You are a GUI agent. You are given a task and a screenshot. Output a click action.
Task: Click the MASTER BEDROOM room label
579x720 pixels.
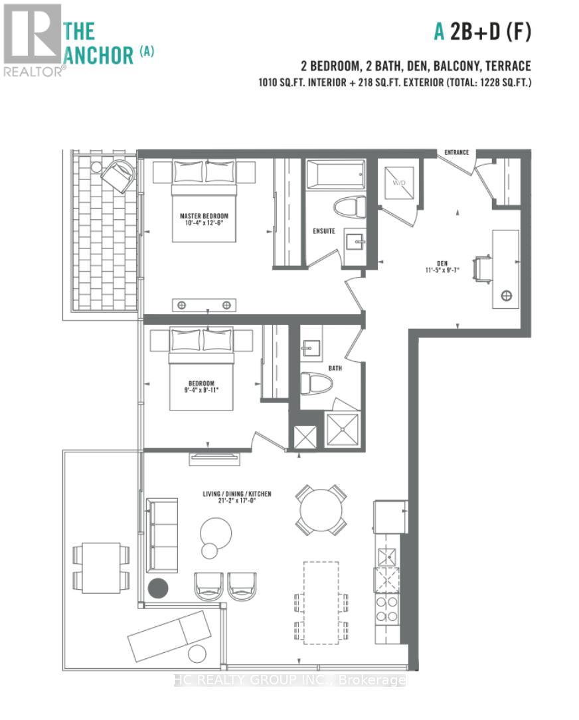204,216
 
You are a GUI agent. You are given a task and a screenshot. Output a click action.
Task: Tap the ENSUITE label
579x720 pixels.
324,231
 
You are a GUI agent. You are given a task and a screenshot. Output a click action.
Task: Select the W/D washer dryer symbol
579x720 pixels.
399,183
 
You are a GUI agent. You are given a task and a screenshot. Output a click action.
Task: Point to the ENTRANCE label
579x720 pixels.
457,153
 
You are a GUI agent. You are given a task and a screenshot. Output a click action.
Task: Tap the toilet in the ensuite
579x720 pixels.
349,207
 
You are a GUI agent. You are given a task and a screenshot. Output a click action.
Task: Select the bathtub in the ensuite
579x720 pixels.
335,175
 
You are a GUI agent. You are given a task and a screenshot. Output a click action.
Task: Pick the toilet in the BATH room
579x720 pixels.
316,383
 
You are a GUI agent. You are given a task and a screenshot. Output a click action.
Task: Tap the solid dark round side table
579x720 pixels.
158,588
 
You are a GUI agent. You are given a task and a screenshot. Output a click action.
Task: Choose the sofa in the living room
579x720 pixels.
162,535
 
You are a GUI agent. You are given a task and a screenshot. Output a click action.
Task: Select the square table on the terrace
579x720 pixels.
101,568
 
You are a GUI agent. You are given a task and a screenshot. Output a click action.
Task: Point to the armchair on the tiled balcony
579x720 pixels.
118,175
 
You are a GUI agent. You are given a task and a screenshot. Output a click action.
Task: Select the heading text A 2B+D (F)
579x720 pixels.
483,32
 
